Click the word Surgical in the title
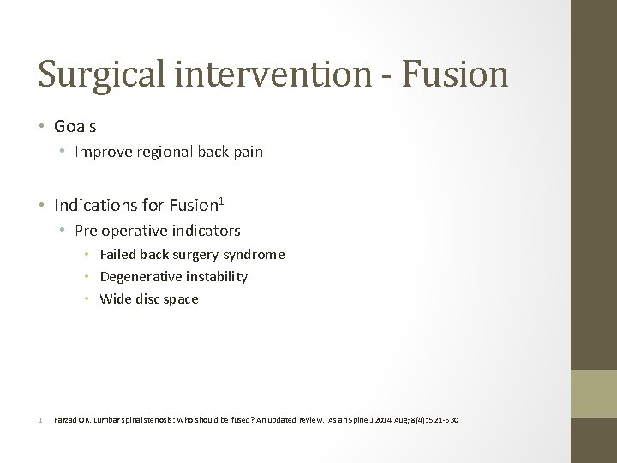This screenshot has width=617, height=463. point(102,75)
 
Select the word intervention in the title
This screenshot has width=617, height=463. point(274,75)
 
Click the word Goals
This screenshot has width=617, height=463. point(75,127)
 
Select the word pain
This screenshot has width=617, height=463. point(247,153)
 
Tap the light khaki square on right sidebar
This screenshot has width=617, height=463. point(594,394)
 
